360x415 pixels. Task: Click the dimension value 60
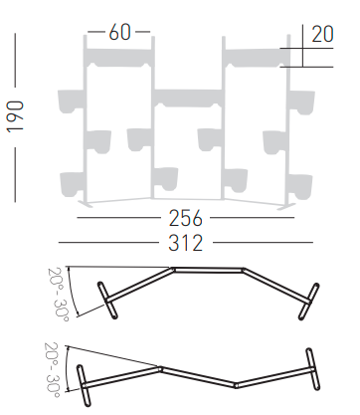[x=119, y=34]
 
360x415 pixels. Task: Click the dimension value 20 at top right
[x=322, y=34]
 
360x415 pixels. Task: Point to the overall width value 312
[x=186, y=241]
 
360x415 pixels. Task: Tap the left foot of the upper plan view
[x=107, y=300]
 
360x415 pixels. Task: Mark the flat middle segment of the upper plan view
[x=209, y=268]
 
